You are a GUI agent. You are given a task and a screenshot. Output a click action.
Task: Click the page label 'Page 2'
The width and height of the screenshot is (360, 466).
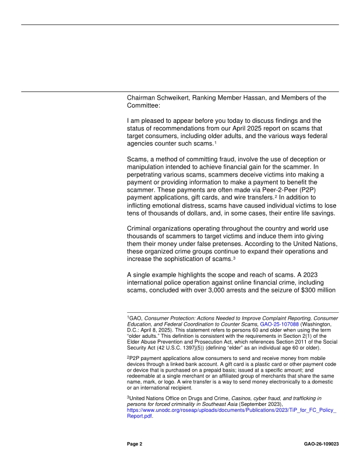[135, 444]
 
